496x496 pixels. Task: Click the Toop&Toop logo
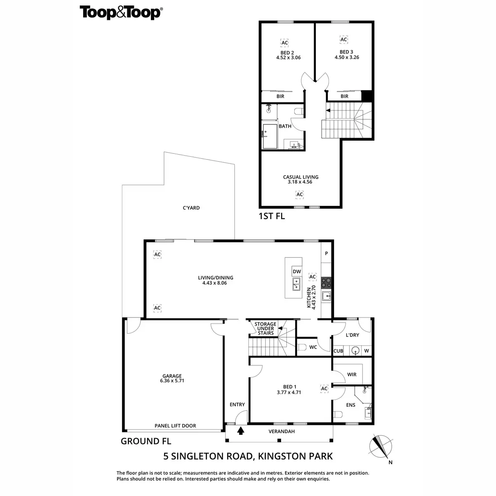pos(120,12)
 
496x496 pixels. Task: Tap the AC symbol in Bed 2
pos(284,43)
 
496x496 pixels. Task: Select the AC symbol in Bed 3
pos(343,40)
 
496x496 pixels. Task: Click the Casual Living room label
pos(300,177)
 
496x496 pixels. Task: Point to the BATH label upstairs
pos(285,126)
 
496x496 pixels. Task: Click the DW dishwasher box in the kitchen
pos(297,272)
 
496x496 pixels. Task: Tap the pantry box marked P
pos(326,253)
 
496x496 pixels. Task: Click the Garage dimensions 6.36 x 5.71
pos(172,381)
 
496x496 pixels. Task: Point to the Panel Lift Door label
pos(175,426)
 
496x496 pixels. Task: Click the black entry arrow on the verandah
pos(241,431)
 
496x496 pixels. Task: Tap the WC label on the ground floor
pos(313,347)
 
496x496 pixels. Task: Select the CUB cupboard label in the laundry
pos(338,351)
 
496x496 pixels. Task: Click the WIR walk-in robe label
pos(352,374)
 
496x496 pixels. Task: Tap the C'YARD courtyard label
pos(191,208)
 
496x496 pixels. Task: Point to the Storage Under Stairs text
pos(265,329)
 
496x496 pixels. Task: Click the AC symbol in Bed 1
pos(324,389)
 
